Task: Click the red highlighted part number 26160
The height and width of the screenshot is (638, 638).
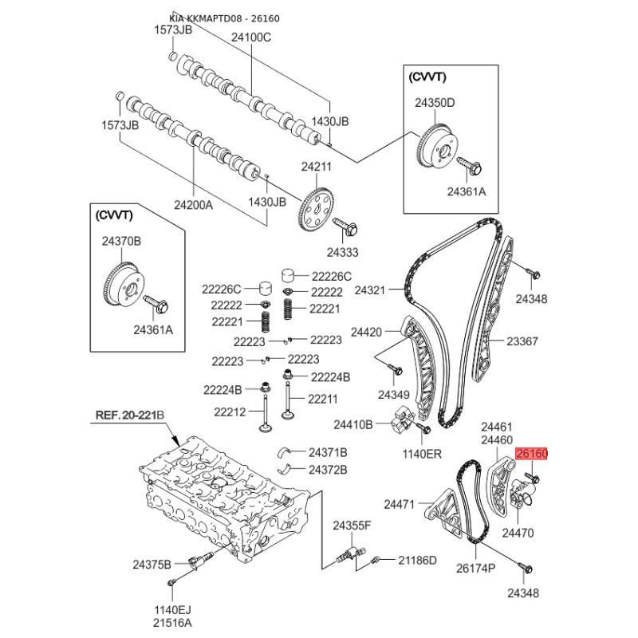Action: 532,453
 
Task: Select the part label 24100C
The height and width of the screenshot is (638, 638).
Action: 251,37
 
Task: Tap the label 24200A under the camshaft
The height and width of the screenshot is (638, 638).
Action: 193,205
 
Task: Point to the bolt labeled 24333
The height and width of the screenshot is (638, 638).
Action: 345,226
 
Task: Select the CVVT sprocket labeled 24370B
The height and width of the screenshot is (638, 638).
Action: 124,289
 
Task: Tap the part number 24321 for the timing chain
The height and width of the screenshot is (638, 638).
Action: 369,290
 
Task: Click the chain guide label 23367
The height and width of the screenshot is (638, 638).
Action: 522,341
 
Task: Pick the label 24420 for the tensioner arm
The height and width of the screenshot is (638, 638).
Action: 366,332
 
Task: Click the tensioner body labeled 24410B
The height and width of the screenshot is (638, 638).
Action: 403,422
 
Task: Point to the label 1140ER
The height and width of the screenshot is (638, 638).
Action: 422,454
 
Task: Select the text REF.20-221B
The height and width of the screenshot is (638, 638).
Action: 130,415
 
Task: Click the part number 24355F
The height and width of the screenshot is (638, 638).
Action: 352,526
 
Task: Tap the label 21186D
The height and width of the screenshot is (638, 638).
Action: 417,561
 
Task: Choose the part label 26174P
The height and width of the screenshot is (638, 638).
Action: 475,568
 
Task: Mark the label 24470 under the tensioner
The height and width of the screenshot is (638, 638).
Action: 518,533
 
